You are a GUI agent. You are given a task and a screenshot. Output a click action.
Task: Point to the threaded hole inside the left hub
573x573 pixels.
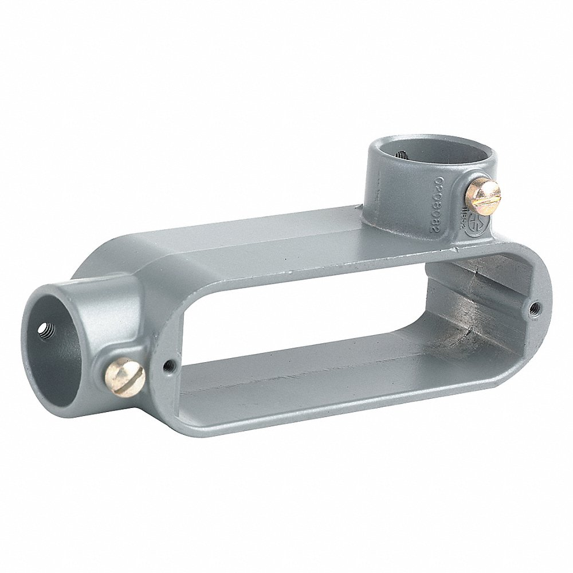pyautogui.click(x=44, y=331)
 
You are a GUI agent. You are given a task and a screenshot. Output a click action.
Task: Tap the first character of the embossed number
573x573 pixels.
pyautogui.click(x=428, y=170)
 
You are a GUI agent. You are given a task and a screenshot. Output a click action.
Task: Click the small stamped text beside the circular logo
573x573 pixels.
pyautogui.click(x=465, y=215)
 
